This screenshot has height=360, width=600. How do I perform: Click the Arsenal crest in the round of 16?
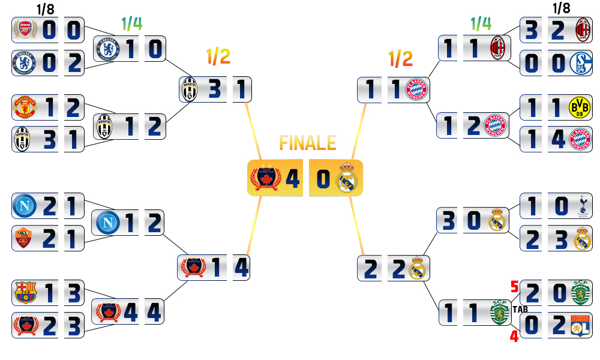point(25,31)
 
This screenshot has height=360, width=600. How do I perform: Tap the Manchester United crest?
point(25,108)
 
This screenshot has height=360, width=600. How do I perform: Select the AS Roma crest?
point(25,239)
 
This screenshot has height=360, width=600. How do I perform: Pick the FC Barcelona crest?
point(25,292)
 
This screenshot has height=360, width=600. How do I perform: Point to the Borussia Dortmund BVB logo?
point(579,108)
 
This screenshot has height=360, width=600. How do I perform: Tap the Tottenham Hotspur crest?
point(582,206)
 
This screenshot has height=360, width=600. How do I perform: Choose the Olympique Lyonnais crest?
point(580,325)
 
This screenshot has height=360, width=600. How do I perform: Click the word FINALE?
point(308,143)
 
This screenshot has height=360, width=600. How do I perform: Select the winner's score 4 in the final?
point(293,179)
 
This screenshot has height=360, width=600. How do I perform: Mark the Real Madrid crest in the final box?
point(346,179)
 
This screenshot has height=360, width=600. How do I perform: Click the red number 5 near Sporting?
point(514,286)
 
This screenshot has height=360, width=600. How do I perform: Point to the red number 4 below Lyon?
point(514,336)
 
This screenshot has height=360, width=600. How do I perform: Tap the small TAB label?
point(520,310)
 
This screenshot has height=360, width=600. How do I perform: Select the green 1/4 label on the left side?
point(131,23)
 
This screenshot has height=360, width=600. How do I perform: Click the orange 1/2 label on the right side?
point(400,58)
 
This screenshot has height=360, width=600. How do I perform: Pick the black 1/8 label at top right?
point(562,8)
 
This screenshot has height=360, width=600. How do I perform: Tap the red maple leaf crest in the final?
point(265,179)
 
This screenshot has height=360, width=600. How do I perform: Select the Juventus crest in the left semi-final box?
point(190,90)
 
